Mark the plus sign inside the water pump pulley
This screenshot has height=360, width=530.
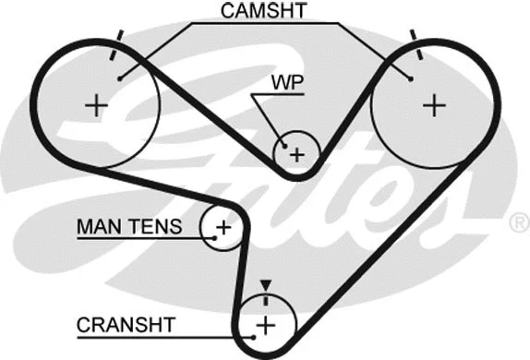pyautogui.click(x=296, y=154)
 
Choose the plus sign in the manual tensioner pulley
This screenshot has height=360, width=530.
pyautogui.click(x=223, y=226)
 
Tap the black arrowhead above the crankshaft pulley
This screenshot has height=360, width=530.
pyautogui.click(x=266, y=287)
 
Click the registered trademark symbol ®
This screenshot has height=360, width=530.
pyautogui.click(x=519, y=222)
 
